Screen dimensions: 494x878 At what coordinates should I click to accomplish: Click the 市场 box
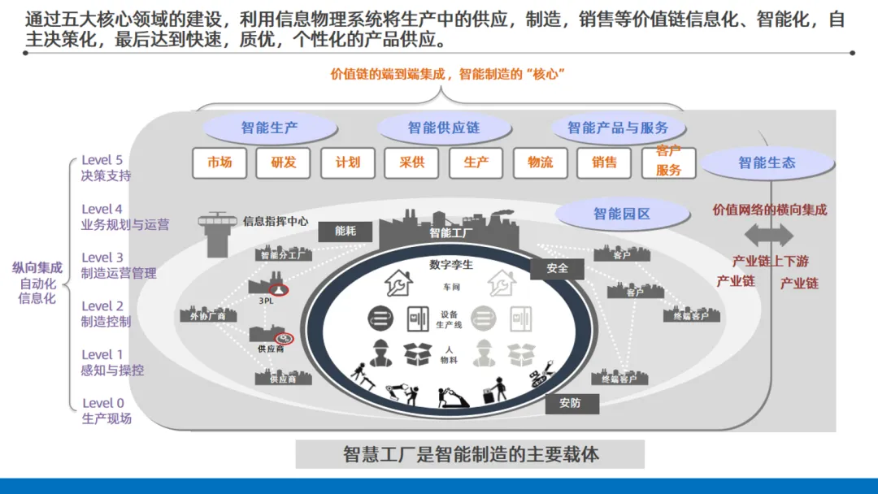coord(219,162)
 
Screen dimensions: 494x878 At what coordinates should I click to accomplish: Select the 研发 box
coord(284,162)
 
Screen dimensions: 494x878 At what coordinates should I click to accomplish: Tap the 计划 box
coord(347,162)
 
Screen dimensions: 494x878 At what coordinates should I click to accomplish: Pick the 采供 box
coord(411,162)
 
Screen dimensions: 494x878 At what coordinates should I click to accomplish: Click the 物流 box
coord(540,162)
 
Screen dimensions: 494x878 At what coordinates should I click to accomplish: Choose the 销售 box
coord(604,162)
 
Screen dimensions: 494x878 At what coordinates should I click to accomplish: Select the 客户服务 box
coord(668,161)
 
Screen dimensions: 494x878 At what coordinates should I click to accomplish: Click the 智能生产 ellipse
coord(269,128)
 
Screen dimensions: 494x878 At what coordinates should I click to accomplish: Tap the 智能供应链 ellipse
coord(444,128)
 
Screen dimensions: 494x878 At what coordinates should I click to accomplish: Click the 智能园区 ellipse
coord(622,214)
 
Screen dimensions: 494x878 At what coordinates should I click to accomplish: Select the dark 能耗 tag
coord(346,231)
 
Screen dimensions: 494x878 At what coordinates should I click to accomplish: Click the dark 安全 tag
coord(558,267)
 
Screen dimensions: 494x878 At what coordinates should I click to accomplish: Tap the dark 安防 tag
coord(570,403)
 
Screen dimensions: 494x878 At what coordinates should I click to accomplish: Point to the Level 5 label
coord(102,161)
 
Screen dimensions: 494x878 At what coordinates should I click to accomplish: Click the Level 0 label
coord(103,403)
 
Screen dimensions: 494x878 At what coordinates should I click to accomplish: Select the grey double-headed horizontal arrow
coord(768,236)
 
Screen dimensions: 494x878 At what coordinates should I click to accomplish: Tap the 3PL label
coord(266,301)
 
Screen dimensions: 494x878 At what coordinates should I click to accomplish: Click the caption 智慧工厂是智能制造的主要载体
coord(470,454)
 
